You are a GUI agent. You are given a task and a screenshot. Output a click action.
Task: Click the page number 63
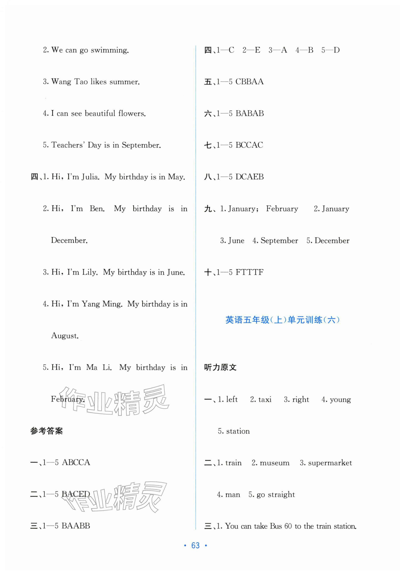click(x=195, y=545)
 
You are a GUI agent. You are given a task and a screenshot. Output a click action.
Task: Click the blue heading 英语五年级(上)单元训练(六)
click(x=282, y=320)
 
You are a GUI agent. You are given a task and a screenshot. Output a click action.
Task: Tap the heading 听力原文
click(x=220, y=367)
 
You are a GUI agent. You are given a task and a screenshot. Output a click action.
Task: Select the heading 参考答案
click(x=47, y=431)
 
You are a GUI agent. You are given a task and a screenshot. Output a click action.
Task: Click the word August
click(x=65, y=336)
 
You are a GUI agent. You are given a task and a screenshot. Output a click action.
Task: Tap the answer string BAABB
click(x=76, y=526)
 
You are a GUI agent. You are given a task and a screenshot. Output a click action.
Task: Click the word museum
click(x=274, y=463)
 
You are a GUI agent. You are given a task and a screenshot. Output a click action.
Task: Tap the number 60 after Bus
click(x=288, y=526)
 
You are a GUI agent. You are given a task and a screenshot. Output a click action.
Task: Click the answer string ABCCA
click(x=76, y=462)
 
